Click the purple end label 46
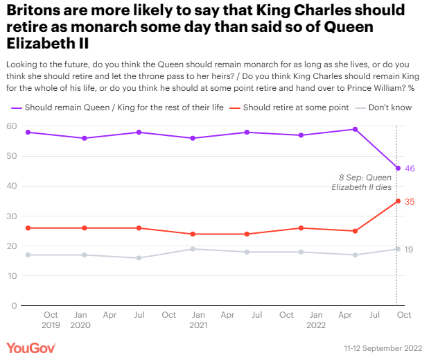click(410, 168)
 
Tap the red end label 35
click(410, 201)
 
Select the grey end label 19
click(410, 249)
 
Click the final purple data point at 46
click(397, 168)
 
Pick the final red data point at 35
click(397, 201)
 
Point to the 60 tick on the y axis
click(12, 126)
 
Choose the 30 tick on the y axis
click(12, 216)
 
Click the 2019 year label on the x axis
click(51, 325)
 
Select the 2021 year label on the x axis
click(198, 325)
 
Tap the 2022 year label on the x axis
click(316, 325)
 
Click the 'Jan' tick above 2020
click(80, 315)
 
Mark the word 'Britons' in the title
click(35, 12)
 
